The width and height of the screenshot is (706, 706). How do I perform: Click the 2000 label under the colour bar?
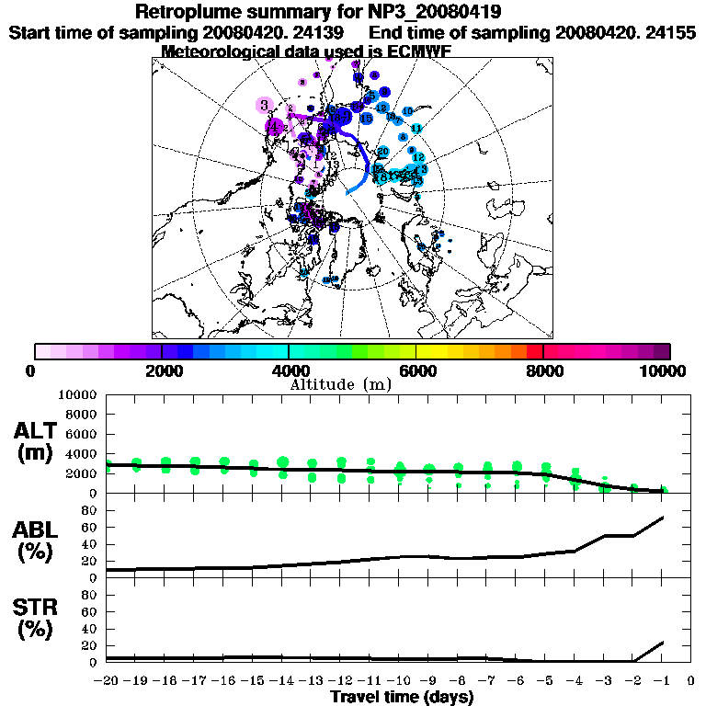[x=162, y=370]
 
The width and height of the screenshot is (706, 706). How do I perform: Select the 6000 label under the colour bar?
[x=416, y=370]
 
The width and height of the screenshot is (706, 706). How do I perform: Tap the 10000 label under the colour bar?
[x=664, y=370]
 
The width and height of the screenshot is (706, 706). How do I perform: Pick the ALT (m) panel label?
[x=38, y=440]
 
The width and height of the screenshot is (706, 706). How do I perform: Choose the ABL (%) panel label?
[x=38, y=542]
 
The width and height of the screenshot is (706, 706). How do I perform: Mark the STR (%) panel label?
[x=38, y=619]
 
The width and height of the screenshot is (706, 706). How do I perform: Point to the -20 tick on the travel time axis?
[x=108, y=680]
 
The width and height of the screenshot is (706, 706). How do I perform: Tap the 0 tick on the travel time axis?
[x=691, y=680]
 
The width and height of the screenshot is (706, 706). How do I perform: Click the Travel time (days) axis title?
[x=402, y=697]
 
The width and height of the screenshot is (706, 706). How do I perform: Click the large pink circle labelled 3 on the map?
[x=265, y=106]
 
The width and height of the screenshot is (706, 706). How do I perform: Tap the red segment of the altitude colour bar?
[x=535, y=351]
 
